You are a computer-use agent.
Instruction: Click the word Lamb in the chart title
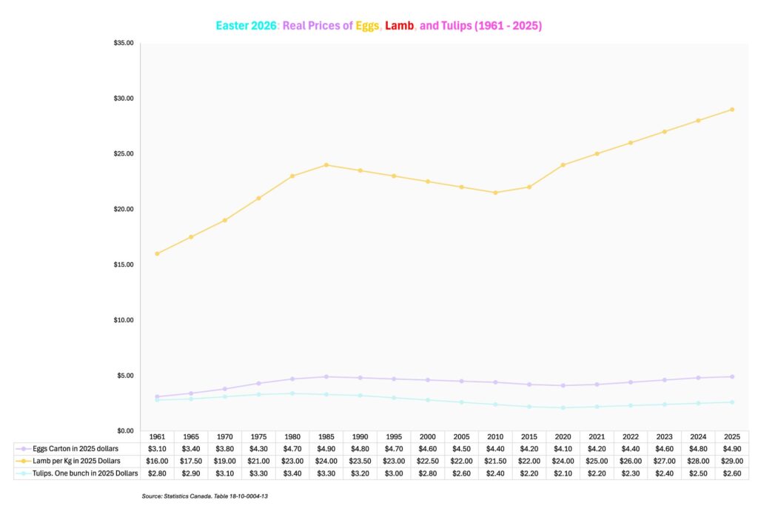pyautogui.click(x=399, y=26)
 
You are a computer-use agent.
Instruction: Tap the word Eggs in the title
pyautogui.click(x=367, y=26)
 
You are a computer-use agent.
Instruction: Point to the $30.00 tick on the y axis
pyautogui.click(x=124, y=99)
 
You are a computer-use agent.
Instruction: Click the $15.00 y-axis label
pyautogui.click(x=124, y=264)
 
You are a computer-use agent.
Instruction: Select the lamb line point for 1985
pyautogui.click(x=326, y=165)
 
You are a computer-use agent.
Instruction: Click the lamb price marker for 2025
pyautogui.click(x=732, y=110)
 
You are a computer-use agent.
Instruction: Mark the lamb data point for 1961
pyautogui.click(x=157, y=253)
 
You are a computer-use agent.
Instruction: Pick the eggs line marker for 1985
pyautogui.click(x=326, y=377)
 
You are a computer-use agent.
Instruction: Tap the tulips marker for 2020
pyautogui.click(x=563, y=407)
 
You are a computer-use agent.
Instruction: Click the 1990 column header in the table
pyautogui.click(x=360, y=437)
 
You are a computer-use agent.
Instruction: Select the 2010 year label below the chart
pyautogui.click(x=495, y=437)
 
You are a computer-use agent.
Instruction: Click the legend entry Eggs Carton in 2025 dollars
pyautogui.click(x=76, y=449)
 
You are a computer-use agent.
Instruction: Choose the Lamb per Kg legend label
pyautogui.click(x=76, y=461)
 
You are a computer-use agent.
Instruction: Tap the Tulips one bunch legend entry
pyautogui.click(x=85, y=473)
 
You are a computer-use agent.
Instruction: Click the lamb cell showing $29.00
pyautogui.click(x=732, y=461)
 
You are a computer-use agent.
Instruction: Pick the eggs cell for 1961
pyautogui.click(x=157, y=449)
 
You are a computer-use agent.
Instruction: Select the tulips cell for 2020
pyautogui.click(x=563, y=473)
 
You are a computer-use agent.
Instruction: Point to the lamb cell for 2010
pyautogui.click(x=495, y=461)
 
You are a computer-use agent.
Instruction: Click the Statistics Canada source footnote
pyautogui.click(x=204, y=496)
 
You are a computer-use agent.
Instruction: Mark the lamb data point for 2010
pyautogui.click(x=495, y=193)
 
